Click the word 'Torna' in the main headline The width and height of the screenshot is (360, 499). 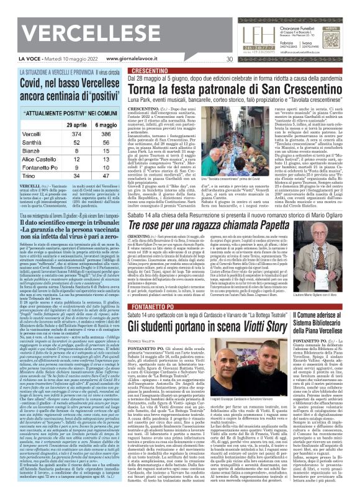[127, 91]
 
